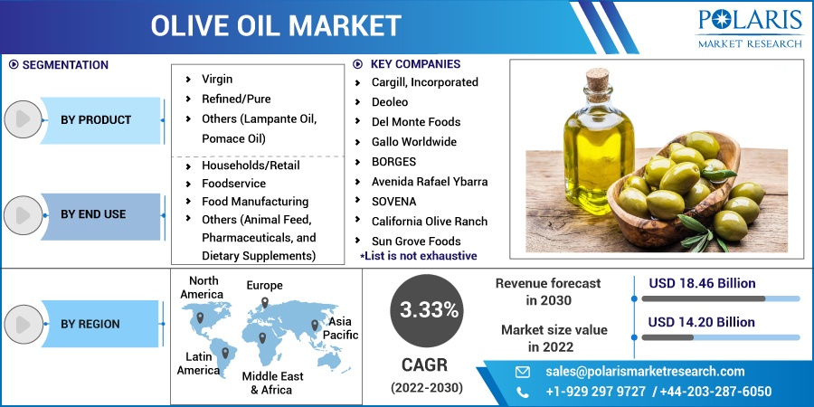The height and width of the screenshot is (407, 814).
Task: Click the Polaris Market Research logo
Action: (x=750, y=29)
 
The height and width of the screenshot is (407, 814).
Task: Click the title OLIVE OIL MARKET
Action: (x=276, y=26)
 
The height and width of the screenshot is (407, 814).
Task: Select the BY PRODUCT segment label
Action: (x=96, y=120)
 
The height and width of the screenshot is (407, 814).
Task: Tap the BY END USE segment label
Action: (x=93, y=213)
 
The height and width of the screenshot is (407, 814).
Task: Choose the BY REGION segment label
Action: (x=90, y=324)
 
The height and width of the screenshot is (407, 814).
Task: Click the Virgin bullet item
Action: (x=217, y=79)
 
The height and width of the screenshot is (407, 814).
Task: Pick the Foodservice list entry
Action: (x=233, y=184)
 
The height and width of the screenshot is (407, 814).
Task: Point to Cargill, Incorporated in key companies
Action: (x=425, y=82)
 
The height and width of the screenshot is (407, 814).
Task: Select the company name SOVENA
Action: (x=394, y=202)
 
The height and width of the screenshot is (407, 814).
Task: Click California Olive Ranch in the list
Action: (x=430, y=222)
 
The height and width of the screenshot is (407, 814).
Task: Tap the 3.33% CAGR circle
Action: (x=427, y=311)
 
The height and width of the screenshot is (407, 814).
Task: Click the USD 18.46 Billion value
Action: (x=702, y=283)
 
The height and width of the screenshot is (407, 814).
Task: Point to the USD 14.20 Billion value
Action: (x=701, y=322)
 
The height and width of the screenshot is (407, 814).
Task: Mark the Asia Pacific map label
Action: (x=341, y=328)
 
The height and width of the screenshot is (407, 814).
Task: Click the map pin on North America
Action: (x=200, y=317)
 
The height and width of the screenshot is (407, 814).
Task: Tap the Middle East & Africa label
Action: (x=273, y=383)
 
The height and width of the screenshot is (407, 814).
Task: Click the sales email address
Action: (x=645, y=372)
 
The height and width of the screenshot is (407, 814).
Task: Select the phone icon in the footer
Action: (x=522, y=392)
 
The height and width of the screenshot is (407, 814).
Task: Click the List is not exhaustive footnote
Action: (x=419, y=255)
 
